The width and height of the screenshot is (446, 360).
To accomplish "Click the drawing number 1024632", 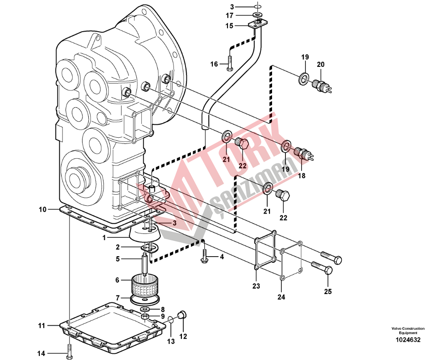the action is [408, 340].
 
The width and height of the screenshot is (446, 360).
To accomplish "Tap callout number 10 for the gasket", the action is [43, 209].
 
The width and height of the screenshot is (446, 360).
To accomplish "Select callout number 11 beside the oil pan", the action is [42, 326].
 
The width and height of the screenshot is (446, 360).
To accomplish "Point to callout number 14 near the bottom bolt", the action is [41, 353].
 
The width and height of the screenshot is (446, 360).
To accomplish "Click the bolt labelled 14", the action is [69, 350].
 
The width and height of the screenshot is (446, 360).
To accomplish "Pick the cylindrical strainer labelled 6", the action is [145, 285].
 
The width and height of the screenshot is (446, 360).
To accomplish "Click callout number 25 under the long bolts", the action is [328, 291].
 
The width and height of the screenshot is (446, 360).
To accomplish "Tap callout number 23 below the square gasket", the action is [256, 286].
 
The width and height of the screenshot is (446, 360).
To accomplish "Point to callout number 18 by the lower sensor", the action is [301, 176].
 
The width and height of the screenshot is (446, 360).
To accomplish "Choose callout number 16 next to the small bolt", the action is [214, 64].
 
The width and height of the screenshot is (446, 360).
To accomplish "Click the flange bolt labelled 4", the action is [205, 256].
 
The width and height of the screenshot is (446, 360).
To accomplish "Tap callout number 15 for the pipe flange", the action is [229, 26].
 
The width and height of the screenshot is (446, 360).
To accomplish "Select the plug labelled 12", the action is [182, 315].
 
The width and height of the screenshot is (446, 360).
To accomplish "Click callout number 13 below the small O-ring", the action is [171, 341].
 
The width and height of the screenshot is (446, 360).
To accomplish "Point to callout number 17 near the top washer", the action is [229, 15].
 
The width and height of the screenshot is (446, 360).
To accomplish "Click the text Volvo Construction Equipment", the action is [408, 331].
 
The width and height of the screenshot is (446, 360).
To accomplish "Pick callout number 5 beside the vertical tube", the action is [118, 259].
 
